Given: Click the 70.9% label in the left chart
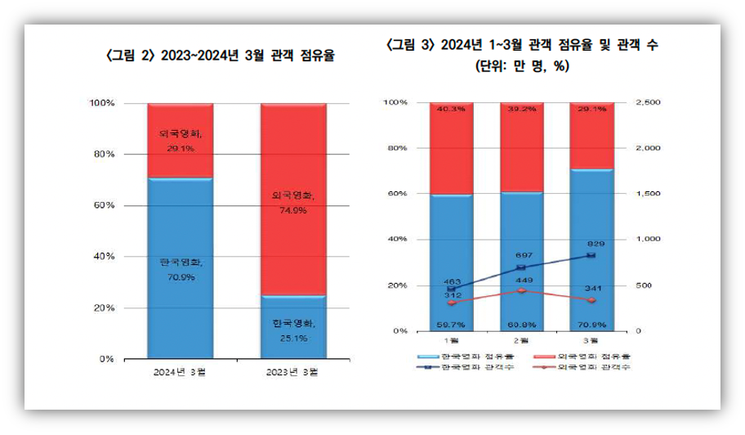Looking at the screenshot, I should click(x=180, y=277).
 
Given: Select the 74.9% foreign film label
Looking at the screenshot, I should click(x=292, y=210).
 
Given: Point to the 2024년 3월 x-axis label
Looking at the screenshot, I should click(x=180, y=371).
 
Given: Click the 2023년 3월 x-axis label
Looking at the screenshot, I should click(x=292, y=371).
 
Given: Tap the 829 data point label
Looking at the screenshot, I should click(x=595, y=244).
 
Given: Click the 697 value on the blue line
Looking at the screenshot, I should click(x=523, y=257).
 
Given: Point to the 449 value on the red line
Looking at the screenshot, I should click(x=523, y=280).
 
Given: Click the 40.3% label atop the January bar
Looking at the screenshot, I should click(x=451, y=109).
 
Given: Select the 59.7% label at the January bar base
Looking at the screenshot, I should click(x=451, y=325).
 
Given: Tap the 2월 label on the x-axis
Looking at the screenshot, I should click(x=522, y=339).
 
